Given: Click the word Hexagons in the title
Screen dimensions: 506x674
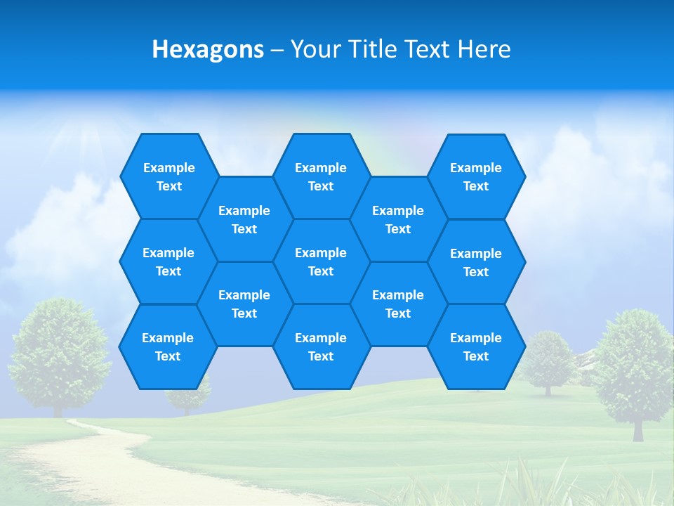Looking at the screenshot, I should (x=208, y=49).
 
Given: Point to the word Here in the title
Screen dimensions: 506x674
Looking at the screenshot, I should (x=484, y=49).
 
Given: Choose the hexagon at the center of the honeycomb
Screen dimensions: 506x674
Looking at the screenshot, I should (x=321, y=261).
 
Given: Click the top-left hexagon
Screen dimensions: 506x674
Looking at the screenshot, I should (x=169, y=176).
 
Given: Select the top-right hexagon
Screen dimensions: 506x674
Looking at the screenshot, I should (x=476, y=176).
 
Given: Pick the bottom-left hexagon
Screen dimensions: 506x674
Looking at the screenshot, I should (x=168, y=346).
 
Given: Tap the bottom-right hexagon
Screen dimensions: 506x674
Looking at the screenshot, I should (x=476, y=346).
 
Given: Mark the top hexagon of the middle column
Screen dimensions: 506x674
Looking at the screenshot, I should (x=321, y=176).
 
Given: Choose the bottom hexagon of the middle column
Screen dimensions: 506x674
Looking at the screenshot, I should (x=321, y=346).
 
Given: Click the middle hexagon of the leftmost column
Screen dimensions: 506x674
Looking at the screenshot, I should (x=168, y=261).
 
